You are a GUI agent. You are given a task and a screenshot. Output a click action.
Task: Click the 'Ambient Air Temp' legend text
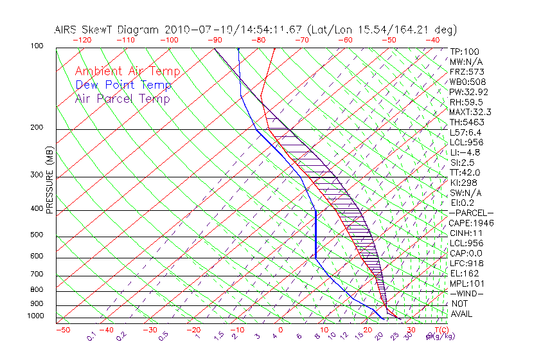127,71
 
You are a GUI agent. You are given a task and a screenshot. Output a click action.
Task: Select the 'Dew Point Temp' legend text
123,85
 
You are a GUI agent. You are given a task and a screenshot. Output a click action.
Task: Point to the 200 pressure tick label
37,127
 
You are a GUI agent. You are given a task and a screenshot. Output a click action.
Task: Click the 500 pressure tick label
37,235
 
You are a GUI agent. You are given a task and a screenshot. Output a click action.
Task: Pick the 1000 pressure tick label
35,316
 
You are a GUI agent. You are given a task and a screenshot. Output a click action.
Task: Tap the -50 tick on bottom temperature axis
62,330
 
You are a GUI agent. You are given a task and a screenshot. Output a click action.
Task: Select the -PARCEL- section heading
471,213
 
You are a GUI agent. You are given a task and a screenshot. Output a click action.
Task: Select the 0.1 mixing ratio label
91,335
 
